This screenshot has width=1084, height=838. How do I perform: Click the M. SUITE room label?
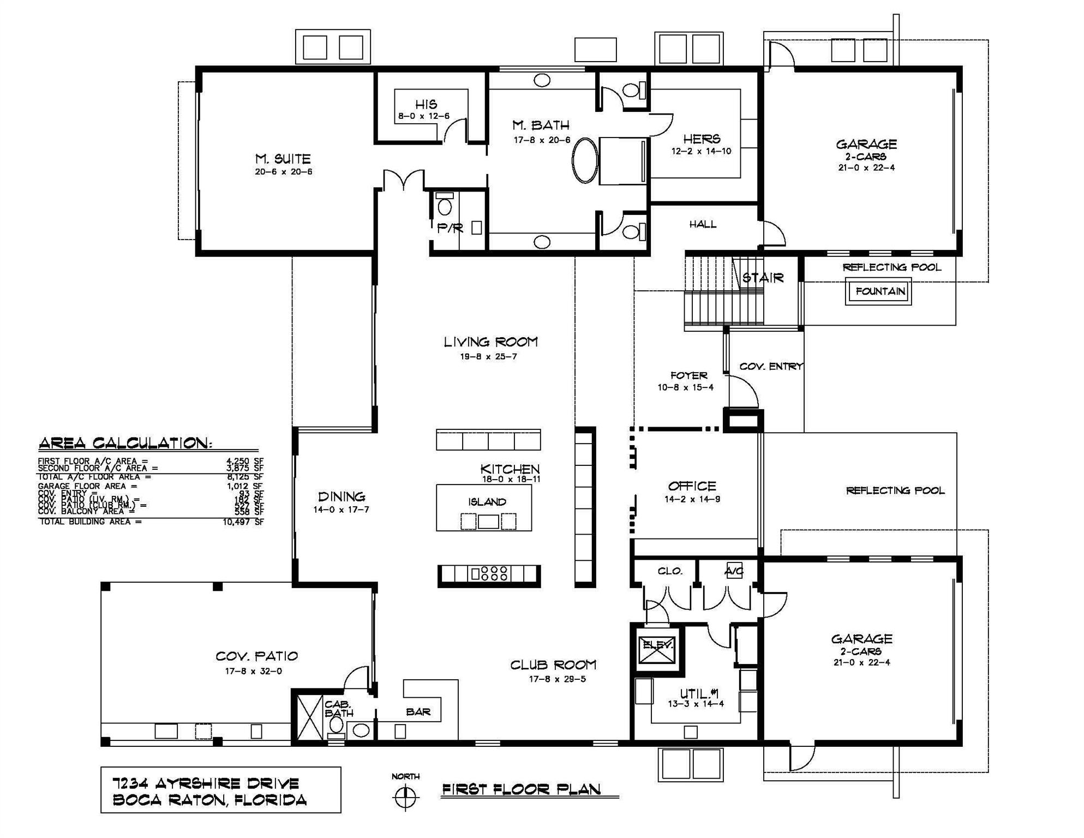(283, 159)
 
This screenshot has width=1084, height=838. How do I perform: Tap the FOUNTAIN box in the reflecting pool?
(879, 291)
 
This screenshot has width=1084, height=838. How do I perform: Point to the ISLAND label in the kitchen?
(487, 502)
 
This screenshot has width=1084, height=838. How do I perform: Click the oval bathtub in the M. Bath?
(584, 160)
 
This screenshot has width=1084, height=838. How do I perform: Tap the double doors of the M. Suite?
(403, 181)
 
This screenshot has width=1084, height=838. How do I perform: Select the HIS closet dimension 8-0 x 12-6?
(424, 116)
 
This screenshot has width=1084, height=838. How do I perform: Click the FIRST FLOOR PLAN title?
(521, 789)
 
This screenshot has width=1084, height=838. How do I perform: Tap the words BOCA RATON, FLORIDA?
(209, 800)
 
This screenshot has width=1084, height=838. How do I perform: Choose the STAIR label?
(763, 278)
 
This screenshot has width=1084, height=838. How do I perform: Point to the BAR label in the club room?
(418, 712)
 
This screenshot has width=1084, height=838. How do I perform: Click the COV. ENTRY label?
(770, 367)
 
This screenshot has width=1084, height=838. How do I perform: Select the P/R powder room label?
(450, 229)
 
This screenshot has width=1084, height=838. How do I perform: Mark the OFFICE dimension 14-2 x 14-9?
(692, 499)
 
